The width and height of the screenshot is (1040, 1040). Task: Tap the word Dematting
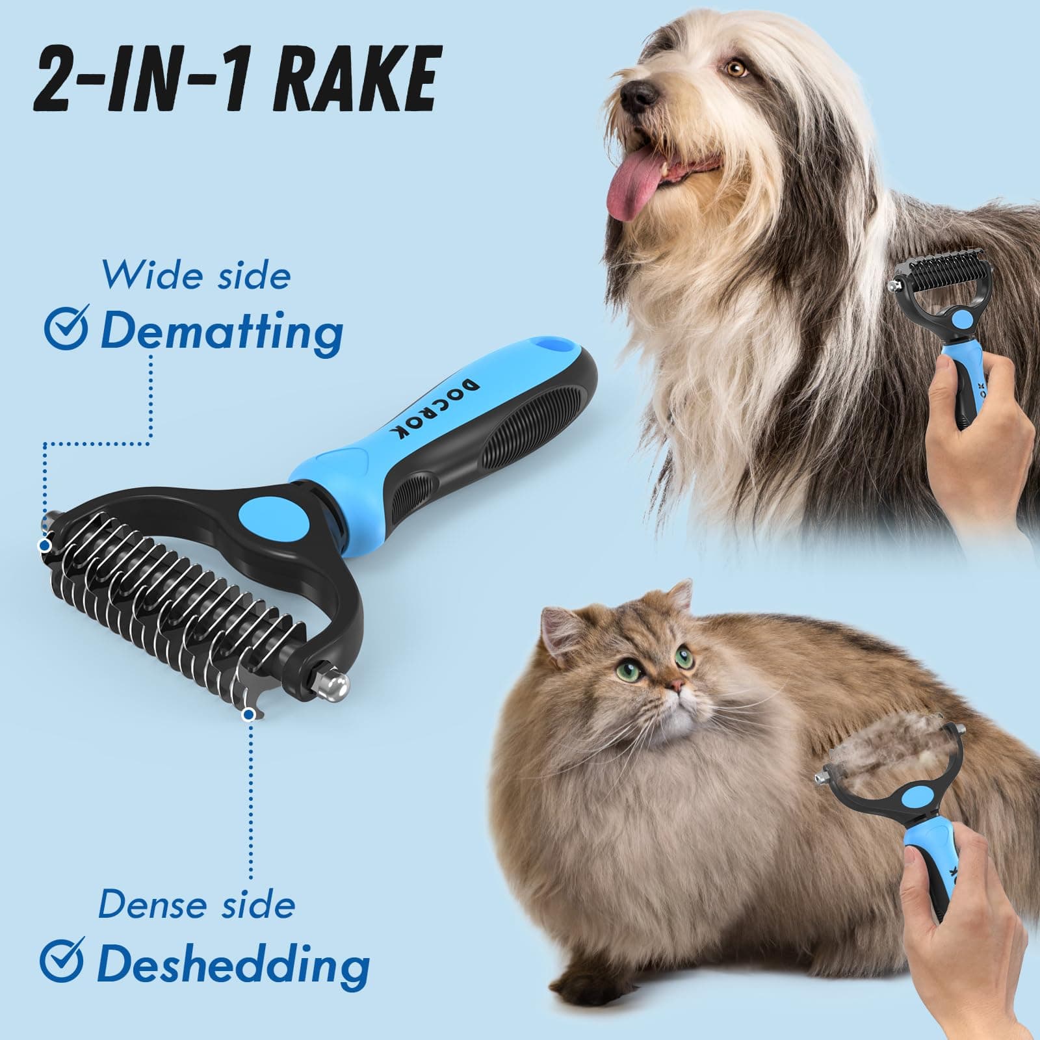click(x=222, y=331)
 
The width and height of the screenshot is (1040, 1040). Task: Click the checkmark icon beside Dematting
click(x=66, y=330)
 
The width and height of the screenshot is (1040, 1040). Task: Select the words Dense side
click(x=196, y=904)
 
